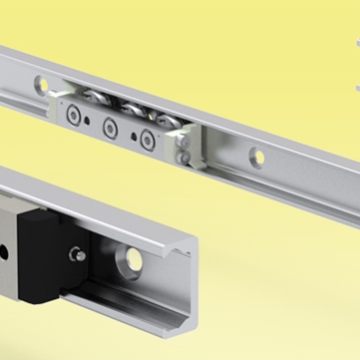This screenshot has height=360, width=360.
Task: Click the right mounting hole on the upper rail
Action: [257, 156]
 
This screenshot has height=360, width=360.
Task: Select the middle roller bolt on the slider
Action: [110, 127]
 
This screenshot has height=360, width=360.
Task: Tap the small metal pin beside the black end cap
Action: [77, 255]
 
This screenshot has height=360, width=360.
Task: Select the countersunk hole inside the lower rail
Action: [128, 261]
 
